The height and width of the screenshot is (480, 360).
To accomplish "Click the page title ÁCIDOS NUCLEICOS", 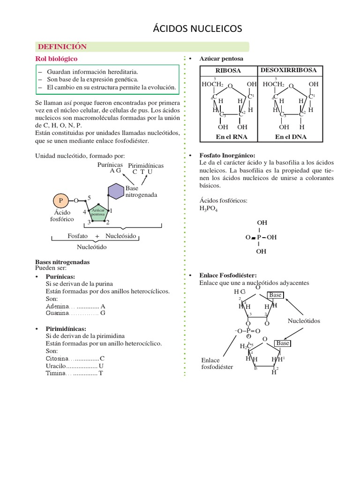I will click(x=197, y=29).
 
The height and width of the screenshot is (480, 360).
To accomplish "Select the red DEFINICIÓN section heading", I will click(x=62, y=46).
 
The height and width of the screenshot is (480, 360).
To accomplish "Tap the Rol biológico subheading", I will click(x=57, y=59).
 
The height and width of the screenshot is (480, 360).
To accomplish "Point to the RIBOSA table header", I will click(x=228, y=70).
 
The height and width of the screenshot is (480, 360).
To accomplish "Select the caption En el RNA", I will click(x=232, y=137).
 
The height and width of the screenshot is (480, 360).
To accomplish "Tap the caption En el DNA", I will click(x=291, y=137).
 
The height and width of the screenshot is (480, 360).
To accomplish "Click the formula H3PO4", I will click(x=209, y=209).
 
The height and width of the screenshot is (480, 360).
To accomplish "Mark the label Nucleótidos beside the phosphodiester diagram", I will click(x=304, y=321).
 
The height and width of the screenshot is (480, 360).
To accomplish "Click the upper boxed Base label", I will click(x=275, y=295).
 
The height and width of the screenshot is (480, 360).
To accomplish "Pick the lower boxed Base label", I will click(x=283, y=343).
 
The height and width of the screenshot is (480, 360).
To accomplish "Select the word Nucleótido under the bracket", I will click(x=92, y=247).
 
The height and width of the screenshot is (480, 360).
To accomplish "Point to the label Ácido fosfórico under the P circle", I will click(x=62, y=216).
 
